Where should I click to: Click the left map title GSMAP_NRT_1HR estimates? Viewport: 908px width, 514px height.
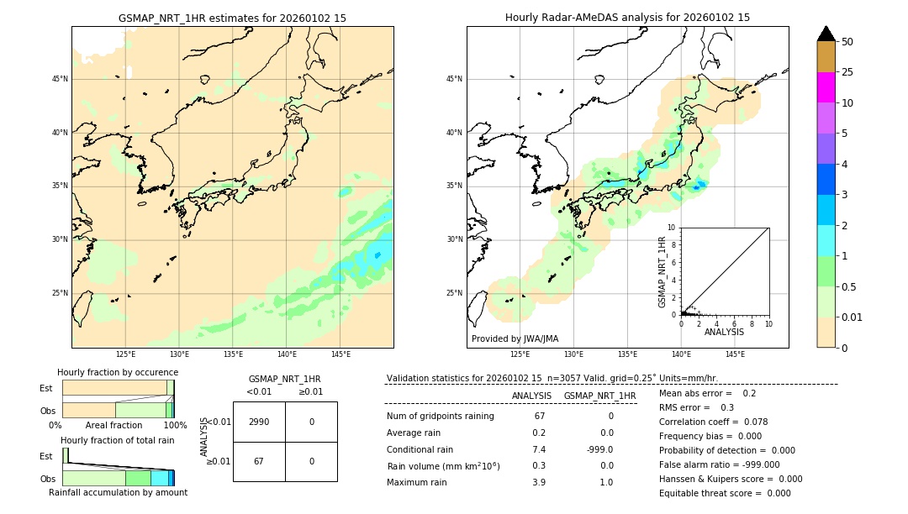pos(232,18)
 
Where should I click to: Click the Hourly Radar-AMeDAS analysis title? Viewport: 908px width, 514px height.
pos(627,18)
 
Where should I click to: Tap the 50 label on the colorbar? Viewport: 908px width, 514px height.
pos(847,42)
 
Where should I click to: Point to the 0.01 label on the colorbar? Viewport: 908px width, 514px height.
pos(852,317)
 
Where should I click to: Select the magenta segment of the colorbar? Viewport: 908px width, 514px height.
pos(826,87)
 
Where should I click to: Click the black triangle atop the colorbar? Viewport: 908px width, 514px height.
pos(826,34)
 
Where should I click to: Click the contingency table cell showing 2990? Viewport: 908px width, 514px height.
pos(259,422)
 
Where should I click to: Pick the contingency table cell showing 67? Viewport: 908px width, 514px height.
pos(259,461)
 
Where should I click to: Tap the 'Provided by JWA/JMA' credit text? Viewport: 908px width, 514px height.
pos(515,338)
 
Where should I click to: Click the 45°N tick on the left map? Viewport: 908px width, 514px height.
pos(60,79)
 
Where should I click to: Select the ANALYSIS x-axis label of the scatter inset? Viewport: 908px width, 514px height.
pos(724,332)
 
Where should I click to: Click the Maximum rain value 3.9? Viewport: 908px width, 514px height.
pos(538,482)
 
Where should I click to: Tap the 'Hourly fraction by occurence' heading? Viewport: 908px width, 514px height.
pos(118,372)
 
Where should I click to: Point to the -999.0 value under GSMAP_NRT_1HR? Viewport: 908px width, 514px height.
pos(600,449)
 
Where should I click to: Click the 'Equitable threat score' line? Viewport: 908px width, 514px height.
pos(725,493)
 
